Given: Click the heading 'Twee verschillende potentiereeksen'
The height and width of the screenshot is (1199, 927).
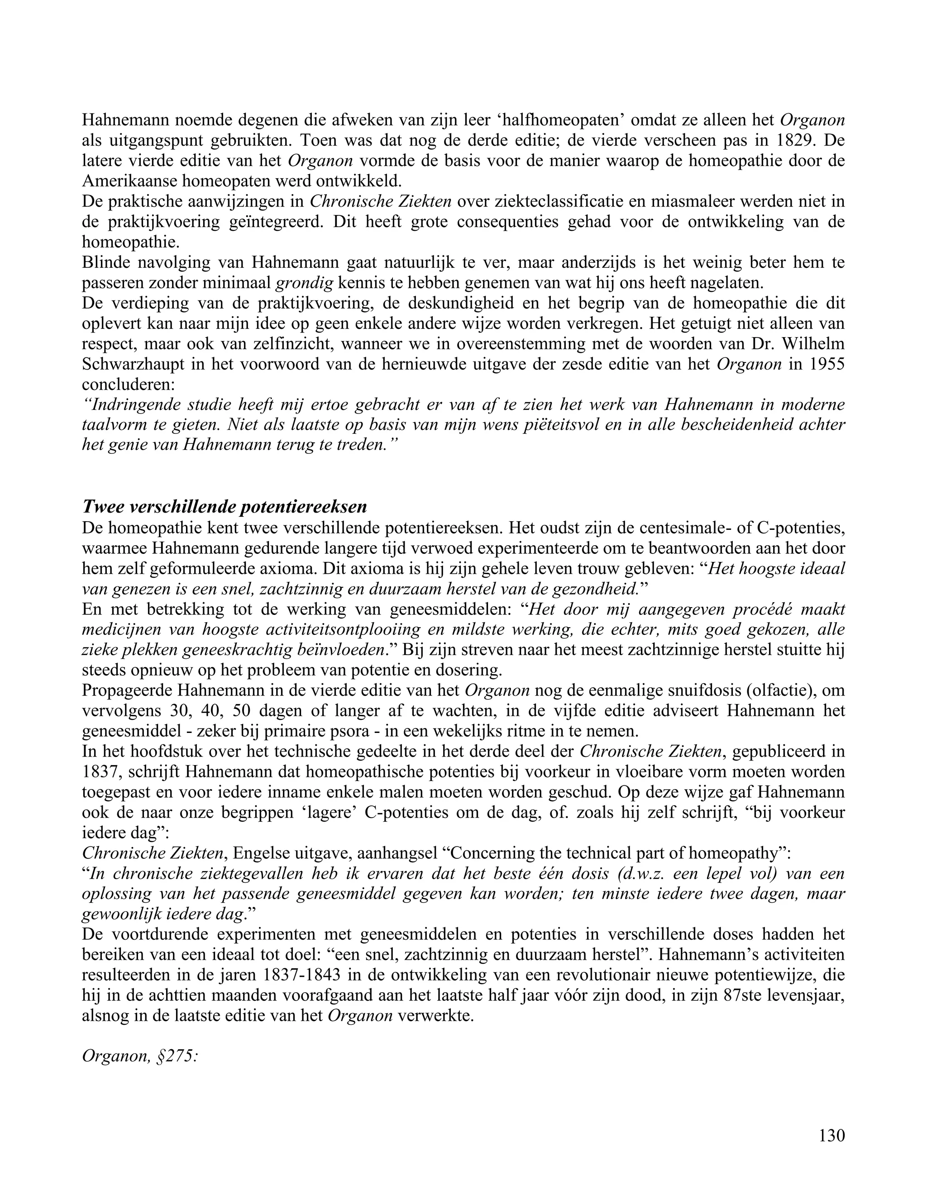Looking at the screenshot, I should pos(224,506).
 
